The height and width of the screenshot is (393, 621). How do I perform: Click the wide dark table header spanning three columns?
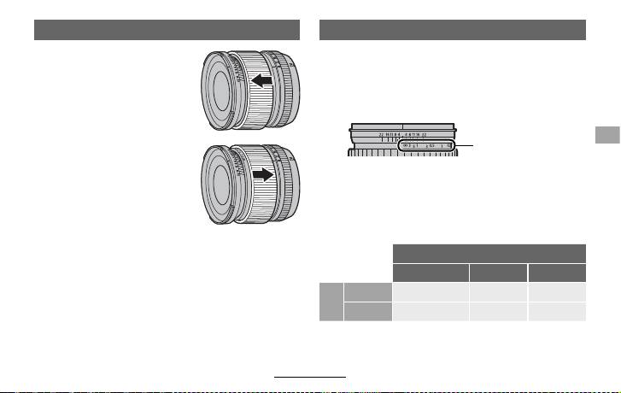[x=489, y=253]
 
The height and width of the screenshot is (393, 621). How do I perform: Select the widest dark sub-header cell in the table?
[x=431, y=273]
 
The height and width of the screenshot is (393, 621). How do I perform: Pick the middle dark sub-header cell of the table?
[x=497, y=273]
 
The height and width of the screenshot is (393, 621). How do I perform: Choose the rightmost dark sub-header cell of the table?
[x=556, y=273]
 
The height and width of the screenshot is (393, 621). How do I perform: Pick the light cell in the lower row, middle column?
[x=497, y=312]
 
